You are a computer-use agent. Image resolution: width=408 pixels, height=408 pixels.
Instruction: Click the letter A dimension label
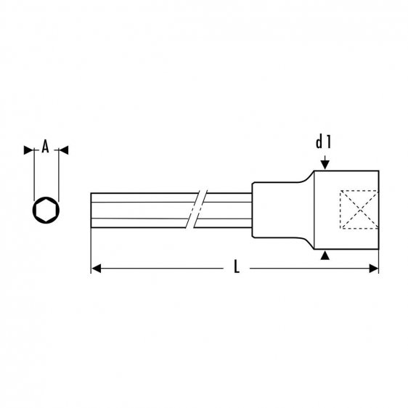45,147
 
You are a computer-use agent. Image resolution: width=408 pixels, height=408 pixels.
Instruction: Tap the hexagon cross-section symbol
45,210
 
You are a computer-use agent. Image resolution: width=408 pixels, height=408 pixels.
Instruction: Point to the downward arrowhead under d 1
325,163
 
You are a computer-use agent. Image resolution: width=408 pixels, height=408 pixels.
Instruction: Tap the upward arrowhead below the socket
325,255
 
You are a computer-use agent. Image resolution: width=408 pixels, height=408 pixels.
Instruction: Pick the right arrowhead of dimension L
374,269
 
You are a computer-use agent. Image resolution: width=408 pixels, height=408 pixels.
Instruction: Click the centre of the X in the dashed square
358,209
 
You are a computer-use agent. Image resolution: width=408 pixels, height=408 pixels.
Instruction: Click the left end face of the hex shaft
91,210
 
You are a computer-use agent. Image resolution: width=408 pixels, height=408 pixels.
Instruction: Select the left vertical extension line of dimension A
34,174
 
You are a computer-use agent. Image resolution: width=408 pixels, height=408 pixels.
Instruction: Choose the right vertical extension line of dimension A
57,174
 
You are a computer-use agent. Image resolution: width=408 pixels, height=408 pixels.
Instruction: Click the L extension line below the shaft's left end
91,250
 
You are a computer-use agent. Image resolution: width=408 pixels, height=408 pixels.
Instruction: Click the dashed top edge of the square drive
358,190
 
